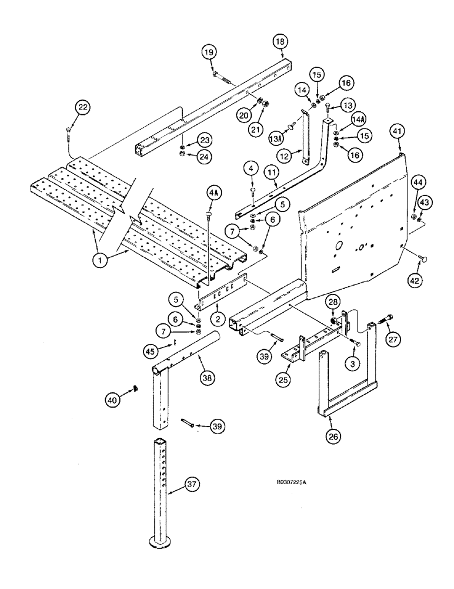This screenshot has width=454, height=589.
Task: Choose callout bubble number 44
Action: click(418, 184)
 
